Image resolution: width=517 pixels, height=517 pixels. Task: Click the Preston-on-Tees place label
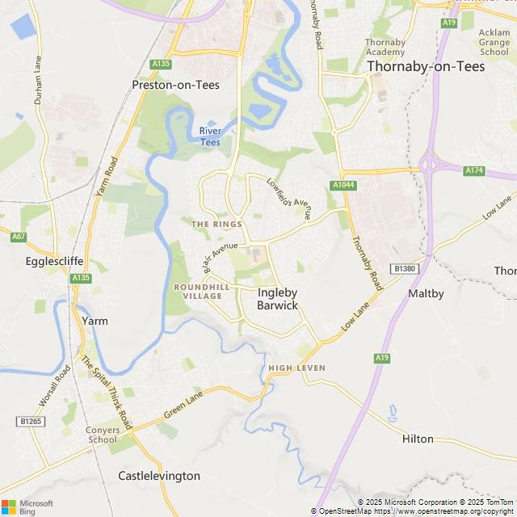pyautogui.click(x=175, y=84)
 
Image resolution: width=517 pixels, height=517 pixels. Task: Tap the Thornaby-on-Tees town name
pyautogui.click(x=426, y=66)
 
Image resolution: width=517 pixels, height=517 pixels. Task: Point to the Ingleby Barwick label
pyautogui.click(x=277, y=299)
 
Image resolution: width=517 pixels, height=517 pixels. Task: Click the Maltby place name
pyautogui.click(x=426, y=293)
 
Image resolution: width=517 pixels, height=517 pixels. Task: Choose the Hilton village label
pyautogui.click(x=418, y=439)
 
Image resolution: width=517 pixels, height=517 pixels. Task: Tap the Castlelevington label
pyautogui.click(x=159, y=476)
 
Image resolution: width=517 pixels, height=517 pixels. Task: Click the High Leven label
pyautogui.click(x=297, y=368)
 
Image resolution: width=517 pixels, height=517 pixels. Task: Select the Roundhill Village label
pyautogui.click(x=197, y=292)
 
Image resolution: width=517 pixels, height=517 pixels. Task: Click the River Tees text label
pyautogui.click(x=210, y=137)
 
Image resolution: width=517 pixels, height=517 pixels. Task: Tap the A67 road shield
pyautogui.click(x=19, y=237)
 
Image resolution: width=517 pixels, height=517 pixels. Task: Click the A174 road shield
pyautogui.click(x=474, y=170)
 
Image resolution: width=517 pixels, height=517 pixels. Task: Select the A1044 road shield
pyautogui.click(x=343, y=185)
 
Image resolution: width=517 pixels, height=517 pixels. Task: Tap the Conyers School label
pyautogui.click(x=103, y=435)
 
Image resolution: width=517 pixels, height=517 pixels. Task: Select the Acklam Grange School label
pyautogui.click(x=494, y=42)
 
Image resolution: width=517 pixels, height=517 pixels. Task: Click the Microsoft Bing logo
pyautogui.click(x=27, y=506)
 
